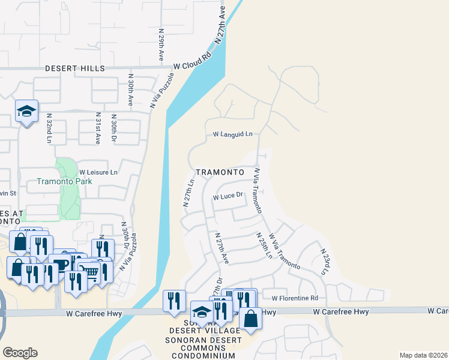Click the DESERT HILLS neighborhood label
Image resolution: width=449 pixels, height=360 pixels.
[x=75, y=69]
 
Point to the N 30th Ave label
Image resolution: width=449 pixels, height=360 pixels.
[x=130, y=90]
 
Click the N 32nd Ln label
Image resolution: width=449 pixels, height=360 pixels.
[x=49, y=128]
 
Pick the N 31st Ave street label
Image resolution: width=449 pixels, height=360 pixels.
[x=98, y=128]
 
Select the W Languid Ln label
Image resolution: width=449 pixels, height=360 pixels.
[x=232, y=135]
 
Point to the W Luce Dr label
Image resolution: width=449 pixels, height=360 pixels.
[x=228, y=196]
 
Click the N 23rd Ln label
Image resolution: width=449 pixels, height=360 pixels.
[x=325, y=262]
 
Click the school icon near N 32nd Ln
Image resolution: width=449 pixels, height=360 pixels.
[x=27, y=111]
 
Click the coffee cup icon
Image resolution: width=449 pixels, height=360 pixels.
[x=59, y=265]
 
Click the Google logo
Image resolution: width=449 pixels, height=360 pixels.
[x=20, y=353]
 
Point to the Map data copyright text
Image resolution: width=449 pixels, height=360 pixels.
[x=423, y=355]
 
